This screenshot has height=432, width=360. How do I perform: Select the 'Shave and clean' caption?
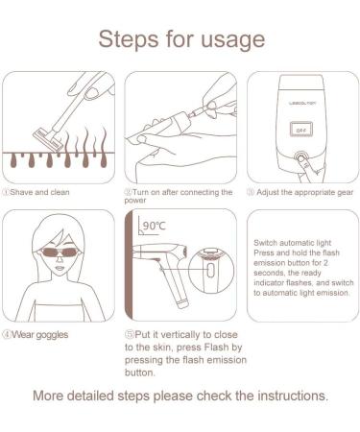pyautogui.click(x=39, y=192)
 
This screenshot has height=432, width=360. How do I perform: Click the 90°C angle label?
pyautogui.click(x=154, y=228)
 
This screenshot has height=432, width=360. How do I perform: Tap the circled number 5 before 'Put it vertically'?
pyautogui.click(x=129, y=335)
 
